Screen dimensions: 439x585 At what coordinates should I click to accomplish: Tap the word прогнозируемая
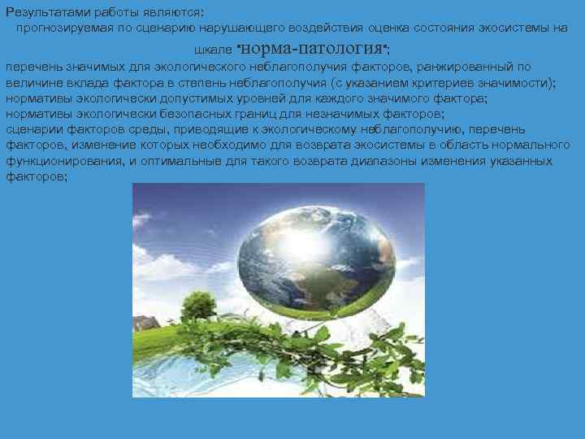click(63, 28)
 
